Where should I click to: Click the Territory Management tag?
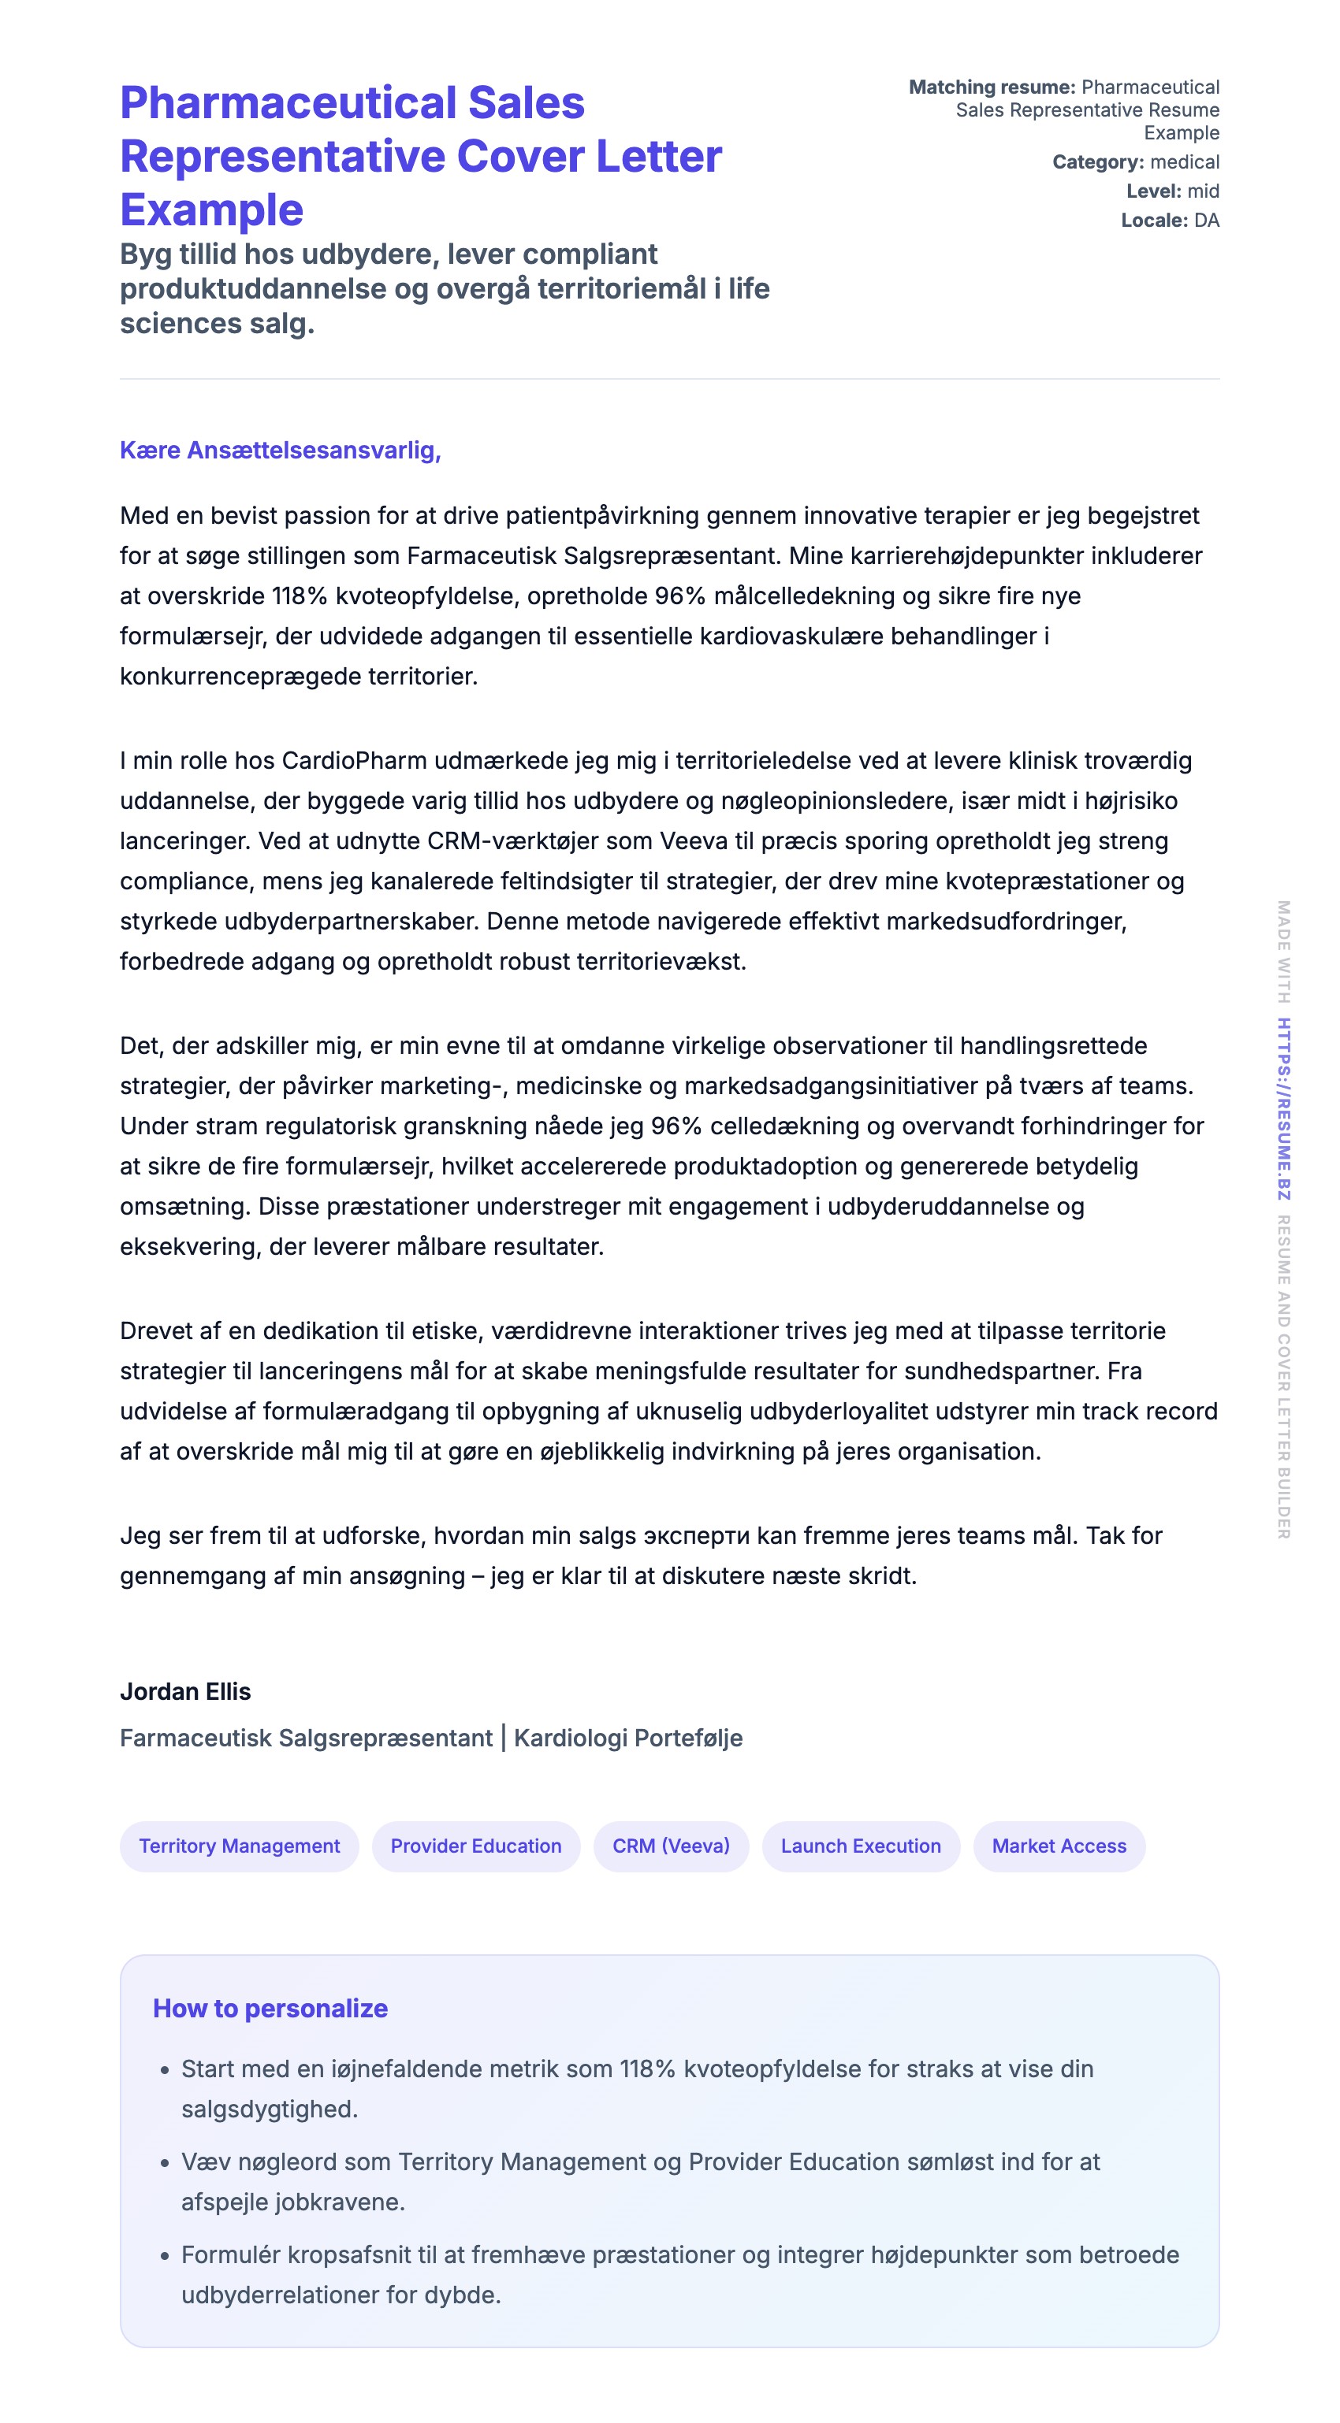coord(239,1846)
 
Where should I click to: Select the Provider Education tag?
coord(475,1846)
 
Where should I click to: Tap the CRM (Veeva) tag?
coord(671,1846)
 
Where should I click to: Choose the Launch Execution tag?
coord(860,1846)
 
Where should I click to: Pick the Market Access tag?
coord(1059,1846)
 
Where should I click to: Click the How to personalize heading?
coord(270,2008)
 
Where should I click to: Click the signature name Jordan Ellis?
coord(185,1691)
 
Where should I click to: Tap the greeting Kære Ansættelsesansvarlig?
coord(281,451)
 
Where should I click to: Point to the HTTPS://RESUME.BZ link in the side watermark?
coord(1283,1109)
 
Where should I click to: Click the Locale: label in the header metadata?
coord(1154,220)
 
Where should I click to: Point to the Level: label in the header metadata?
coord(1152,191)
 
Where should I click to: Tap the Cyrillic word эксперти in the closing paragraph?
coord(696,1536)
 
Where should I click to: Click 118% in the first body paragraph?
coord(300,596)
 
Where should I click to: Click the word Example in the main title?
coord(212,209)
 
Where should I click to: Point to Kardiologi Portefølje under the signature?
coord(627,1738)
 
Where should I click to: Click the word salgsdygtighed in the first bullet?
coord(269,2109)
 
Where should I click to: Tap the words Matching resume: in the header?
coord(991,87)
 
